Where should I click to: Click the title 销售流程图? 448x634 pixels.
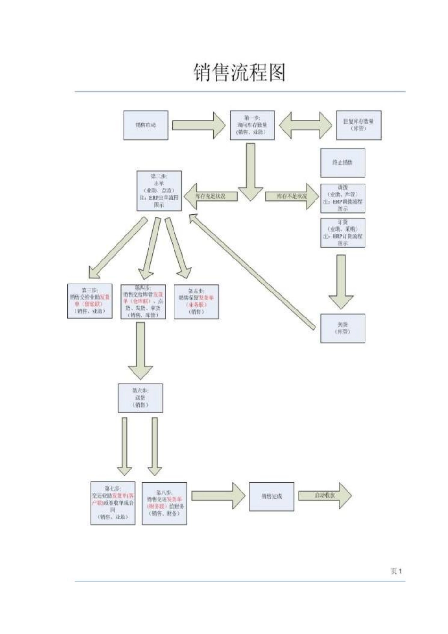pos(240,73)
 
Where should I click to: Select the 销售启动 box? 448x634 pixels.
pos(146,125)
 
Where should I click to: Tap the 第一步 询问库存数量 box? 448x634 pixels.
pos(252,125)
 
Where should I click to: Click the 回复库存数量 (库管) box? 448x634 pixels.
pos(358,125)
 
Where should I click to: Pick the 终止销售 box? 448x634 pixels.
pos(342,163)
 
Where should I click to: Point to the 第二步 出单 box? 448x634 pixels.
pos(159,191)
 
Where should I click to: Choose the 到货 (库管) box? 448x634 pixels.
pos(342,328)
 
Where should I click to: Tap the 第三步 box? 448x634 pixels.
pos(90,301)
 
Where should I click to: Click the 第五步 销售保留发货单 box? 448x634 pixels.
pos(196,301)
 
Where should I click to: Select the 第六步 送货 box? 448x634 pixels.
pos(140,398)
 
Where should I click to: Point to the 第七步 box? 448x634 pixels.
pos(113,503)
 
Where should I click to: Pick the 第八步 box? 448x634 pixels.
pos(165,503)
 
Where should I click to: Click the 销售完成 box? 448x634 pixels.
pos(272,496)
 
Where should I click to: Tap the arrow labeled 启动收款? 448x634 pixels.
pos(325,496)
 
